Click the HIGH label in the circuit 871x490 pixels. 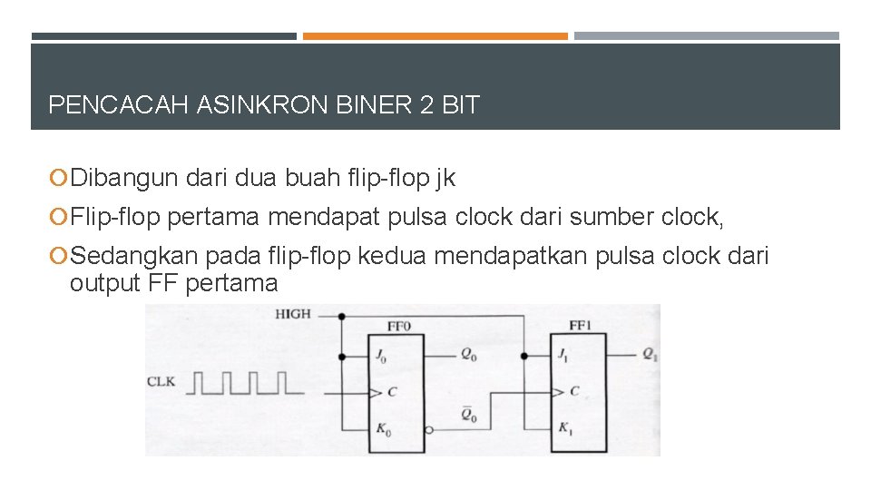[x=293, y=314]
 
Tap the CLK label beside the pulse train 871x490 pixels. [x=161, y=382]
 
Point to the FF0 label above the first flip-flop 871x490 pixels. [x=399, y=325]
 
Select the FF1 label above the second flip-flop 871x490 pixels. [x=581, y=325]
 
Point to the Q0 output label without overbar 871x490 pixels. [x=468, y=356]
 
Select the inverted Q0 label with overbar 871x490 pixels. [x=468, y=416]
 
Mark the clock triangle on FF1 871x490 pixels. [x=554, y=392]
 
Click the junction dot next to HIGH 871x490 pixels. [x=341, y=317]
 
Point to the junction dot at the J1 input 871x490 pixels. [x=524, y=357]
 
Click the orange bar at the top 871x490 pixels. [x=435, y=36]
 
